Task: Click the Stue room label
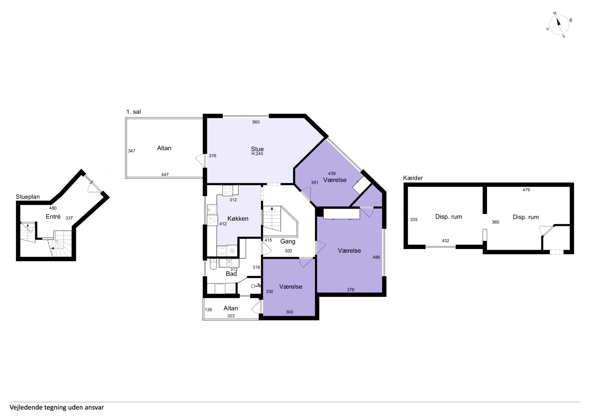[257, 149]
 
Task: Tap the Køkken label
[238, 219]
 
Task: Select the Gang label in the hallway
[287, 241]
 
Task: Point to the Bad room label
[231, 274]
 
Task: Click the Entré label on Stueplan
[53, 217]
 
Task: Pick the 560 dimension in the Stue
[256, 122]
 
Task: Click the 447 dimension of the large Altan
[165, 174]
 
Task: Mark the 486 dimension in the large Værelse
[376, 257]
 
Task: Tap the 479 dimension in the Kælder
[526, 190]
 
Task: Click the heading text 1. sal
[133, 112]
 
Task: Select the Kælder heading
[413, 178]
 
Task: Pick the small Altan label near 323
[230, 308]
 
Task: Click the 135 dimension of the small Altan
[208, 310]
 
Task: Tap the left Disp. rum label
[448, 217]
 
